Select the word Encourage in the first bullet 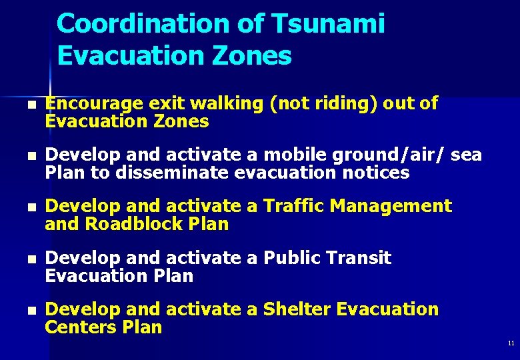93,103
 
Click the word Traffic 289,206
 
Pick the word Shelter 297,309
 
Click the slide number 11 511,343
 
